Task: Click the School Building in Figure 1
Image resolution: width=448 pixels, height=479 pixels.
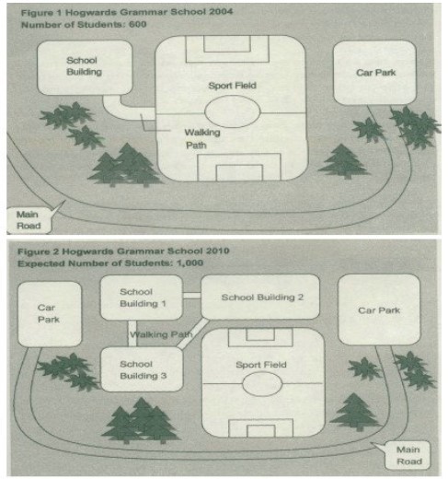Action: click(x=85, y=67)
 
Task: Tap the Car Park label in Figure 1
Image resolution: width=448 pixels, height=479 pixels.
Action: click(x=376, y=73)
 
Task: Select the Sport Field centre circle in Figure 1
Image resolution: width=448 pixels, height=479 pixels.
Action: click(x=233, y=111)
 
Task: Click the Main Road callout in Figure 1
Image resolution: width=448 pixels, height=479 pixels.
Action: click(x=29, y=220)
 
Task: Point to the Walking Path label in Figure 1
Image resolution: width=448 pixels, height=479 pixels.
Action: click(x=202, y=139)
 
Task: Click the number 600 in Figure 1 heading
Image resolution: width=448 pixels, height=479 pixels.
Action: click(x=138, y=24)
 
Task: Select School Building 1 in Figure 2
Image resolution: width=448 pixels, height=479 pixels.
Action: click(x=142, y=298)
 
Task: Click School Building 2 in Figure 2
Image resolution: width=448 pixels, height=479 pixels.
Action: click(x=260, y=297)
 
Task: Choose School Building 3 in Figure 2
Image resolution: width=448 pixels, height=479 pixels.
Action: click(x=142, y=369)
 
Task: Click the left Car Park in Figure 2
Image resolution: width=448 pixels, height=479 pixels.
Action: click(x=50, y=314)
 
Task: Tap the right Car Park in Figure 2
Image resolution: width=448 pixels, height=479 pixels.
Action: click(x=379, y=310)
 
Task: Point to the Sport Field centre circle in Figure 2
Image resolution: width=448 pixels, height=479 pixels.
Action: click(x=262, y=384)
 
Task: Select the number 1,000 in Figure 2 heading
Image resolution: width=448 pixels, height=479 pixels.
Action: click(x=190, y=263)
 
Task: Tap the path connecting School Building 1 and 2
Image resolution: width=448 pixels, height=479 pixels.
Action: click(x=191, y=296)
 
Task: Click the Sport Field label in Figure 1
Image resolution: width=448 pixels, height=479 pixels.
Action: click(x=232, y=86)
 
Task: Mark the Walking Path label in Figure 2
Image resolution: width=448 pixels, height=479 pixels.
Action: click(x=161, y=334)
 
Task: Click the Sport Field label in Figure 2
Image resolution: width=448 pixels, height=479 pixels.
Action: click(x=261, y=365)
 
